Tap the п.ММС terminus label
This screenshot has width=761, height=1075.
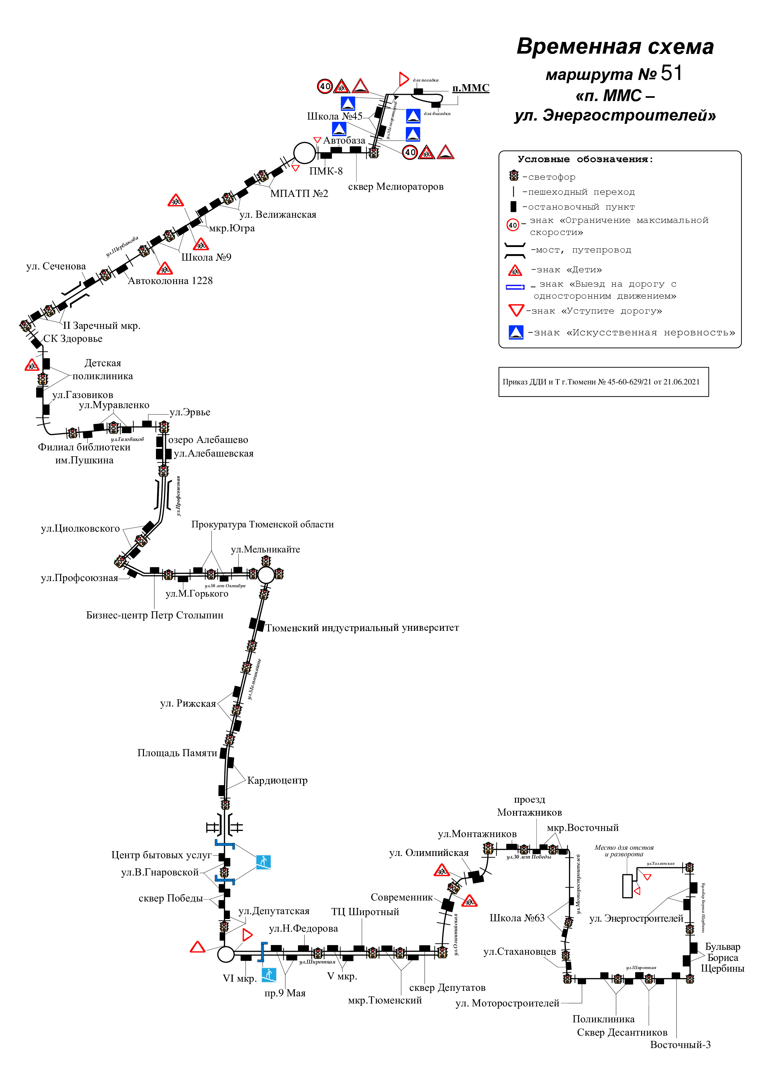(471, 88)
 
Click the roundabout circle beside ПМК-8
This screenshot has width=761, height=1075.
(304, 153)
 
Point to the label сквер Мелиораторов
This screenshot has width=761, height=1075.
(395, 187)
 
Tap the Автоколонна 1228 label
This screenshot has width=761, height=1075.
(170, 281)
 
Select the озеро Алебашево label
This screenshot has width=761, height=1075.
(208, 440)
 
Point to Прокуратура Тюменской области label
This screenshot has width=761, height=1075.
(263, 525)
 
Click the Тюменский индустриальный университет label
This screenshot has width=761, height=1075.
(362, 628)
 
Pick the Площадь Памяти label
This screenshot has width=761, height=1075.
(177, 753)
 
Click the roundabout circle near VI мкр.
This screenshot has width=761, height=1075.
(226, 954)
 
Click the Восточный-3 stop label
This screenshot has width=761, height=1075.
(680, 1044)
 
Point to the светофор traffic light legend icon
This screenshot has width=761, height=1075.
(514, 176)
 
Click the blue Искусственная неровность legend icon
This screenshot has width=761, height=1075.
(515, 332)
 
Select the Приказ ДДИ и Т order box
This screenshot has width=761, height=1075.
(603, 382)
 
